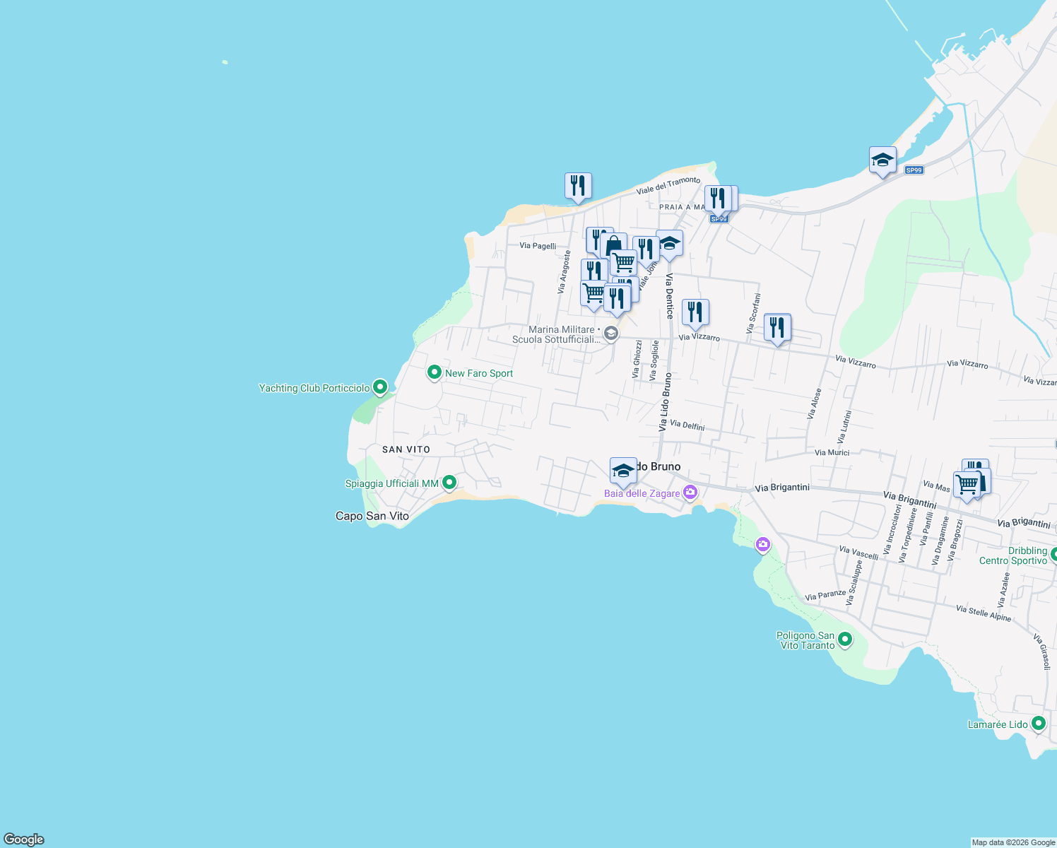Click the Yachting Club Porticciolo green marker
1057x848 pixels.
click(x=380, y=387)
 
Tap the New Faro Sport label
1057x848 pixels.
click(x=478, y=373)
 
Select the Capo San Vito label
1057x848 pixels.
click(x=372, y=516)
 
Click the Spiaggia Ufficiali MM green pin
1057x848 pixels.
click(x=449, y=483)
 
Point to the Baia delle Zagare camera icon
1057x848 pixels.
click(x=690, y=493)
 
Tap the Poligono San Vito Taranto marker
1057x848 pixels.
click(x=844, y=640)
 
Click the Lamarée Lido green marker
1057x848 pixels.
click(x=1038, y=723)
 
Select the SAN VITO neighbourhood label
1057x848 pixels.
click(x=406, y=449)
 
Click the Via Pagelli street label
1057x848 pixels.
click(x=538, y=246)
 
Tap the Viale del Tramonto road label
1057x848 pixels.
click(x=668, y=185)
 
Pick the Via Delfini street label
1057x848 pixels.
click(x=687, y=425)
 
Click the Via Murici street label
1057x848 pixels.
click(x=832, y=452)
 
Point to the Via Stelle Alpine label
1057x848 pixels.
click(x=984, y=613)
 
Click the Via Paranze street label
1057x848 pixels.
click(x=825, y=596)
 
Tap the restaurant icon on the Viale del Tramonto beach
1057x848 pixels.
click(x=578, y=186)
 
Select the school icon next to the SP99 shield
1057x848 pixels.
click(x=882, y=160)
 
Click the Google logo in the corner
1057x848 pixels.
click(x=24, y=839)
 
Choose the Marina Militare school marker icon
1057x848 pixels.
click(x=611, y=333)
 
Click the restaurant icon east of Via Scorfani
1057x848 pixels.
click(x=777, y=327)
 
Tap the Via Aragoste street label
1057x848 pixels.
click(x=563, y=271)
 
